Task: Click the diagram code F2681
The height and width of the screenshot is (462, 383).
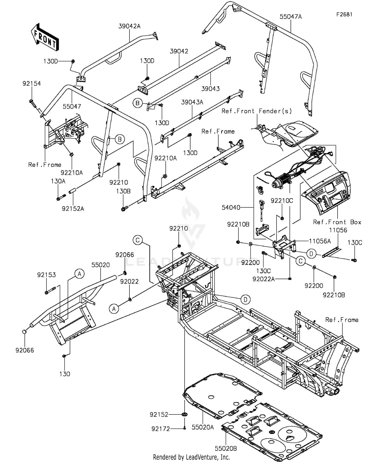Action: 344,15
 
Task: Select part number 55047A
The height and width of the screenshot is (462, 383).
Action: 291,17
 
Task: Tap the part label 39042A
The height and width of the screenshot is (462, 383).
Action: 129,26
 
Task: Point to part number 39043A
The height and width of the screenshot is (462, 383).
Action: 192,102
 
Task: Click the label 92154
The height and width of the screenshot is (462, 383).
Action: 31,84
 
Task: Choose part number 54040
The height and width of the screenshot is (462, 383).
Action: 231,208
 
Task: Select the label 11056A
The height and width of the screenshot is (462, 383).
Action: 319,241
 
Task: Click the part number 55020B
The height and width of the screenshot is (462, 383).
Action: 226,448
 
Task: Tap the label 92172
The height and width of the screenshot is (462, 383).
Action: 161,429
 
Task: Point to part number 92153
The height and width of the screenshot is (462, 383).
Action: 46,275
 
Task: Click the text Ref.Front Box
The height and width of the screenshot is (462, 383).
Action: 337,222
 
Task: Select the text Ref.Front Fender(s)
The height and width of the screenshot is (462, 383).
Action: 257,111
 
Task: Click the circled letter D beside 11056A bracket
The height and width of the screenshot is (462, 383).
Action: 311,254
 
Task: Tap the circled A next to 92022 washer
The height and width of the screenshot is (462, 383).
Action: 114,309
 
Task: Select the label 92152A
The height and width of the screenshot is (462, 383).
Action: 73,209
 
